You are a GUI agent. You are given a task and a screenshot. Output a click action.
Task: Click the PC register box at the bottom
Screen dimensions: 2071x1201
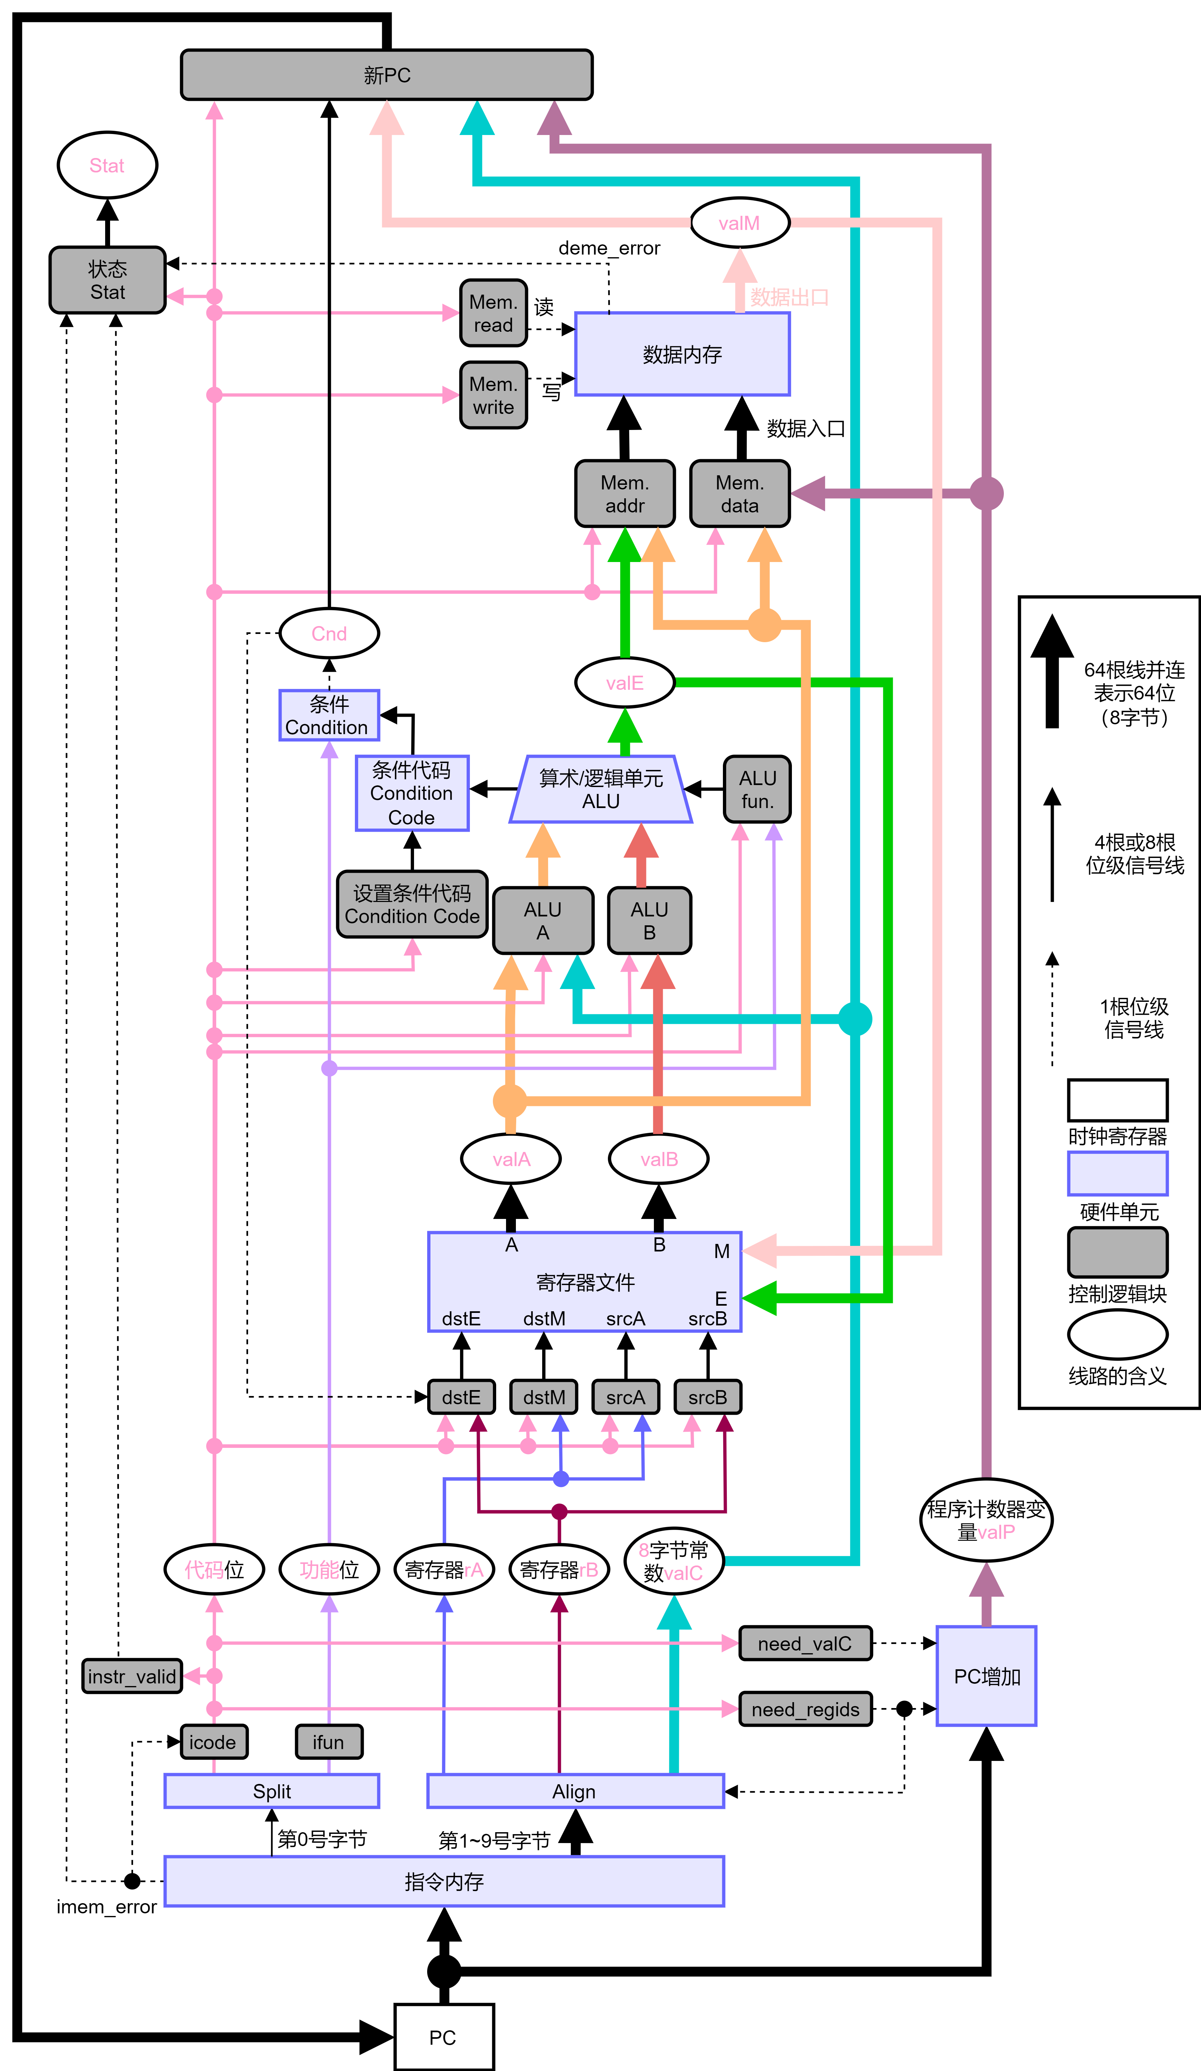444,2037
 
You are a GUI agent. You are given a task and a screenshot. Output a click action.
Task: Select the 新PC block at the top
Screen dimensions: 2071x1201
386,75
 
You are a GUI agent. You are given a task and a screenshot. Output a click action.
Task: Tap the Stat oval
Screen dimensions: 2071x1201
107,165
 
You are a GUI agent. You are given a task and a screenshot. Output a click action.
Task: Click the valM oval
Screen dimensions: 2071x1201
739,223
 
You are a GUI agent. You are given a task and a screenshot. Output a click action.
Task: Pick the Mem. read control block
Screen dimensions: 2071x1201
493,313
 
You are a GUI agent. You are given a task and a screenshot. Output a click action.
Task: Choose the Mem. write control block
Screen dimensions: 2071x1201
493,395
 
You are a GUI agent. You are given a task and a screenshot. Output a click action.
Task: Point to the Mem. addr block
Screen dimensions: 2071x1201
625,494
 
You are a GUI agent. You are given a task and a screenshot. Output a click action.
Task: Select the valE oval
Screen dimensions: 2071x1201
625,683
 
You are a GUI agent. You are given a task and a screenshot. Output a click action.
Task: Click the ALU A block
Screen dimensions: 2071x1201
543,920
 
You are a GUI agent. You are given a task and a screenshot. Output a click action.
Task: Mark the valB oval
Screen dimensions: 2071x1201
658,1159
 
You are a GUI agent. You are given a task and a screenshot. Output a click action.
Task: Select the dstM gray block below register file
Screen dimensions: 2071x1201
543,1397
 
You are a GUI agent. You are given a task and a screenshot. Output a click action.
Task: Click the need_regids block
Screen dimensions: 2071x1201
805,1709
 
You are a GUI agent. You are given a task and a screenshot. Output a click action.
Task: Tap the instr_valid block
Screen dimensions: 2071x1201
131,1677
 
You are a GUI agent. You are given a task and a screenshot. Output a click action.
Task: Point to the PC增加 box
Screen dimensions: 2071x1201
986,1677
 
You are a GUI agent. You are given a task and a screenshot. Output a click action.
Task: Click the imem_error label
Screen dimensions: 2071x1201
106,1907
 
